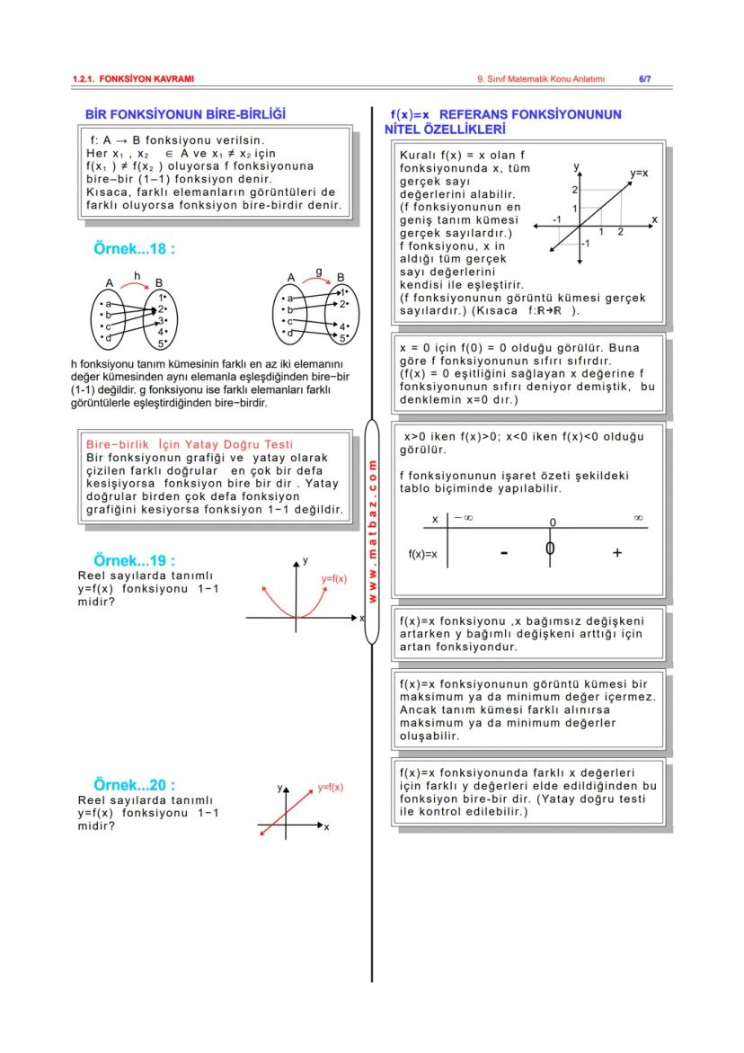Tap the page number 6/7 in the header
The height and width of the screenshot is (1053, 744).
(644, 79)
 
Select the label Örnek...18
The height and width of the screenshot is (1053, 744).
(134, 248)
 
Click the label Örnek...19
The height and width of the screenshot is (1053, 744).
(134, 560)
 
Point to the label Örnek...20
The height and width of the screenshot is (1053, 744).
(134, 785)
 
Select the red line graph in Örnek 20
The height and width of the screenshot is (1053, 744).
(286, 813)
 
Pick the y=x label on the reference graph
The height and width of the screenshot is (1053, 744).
(639, 171)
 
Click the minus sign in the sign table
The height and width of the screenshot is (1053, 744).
(503, 552)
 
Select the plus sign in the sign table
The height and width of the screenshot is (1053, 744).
(617, 552)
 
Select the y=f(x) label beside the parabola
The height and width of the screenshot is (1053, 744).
(334, 579)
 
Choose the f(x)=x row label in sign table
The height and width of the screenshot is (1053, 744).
(422, 554)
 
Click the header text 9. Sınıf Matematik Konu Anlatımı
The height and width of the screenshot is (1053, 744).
(541, 79)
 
